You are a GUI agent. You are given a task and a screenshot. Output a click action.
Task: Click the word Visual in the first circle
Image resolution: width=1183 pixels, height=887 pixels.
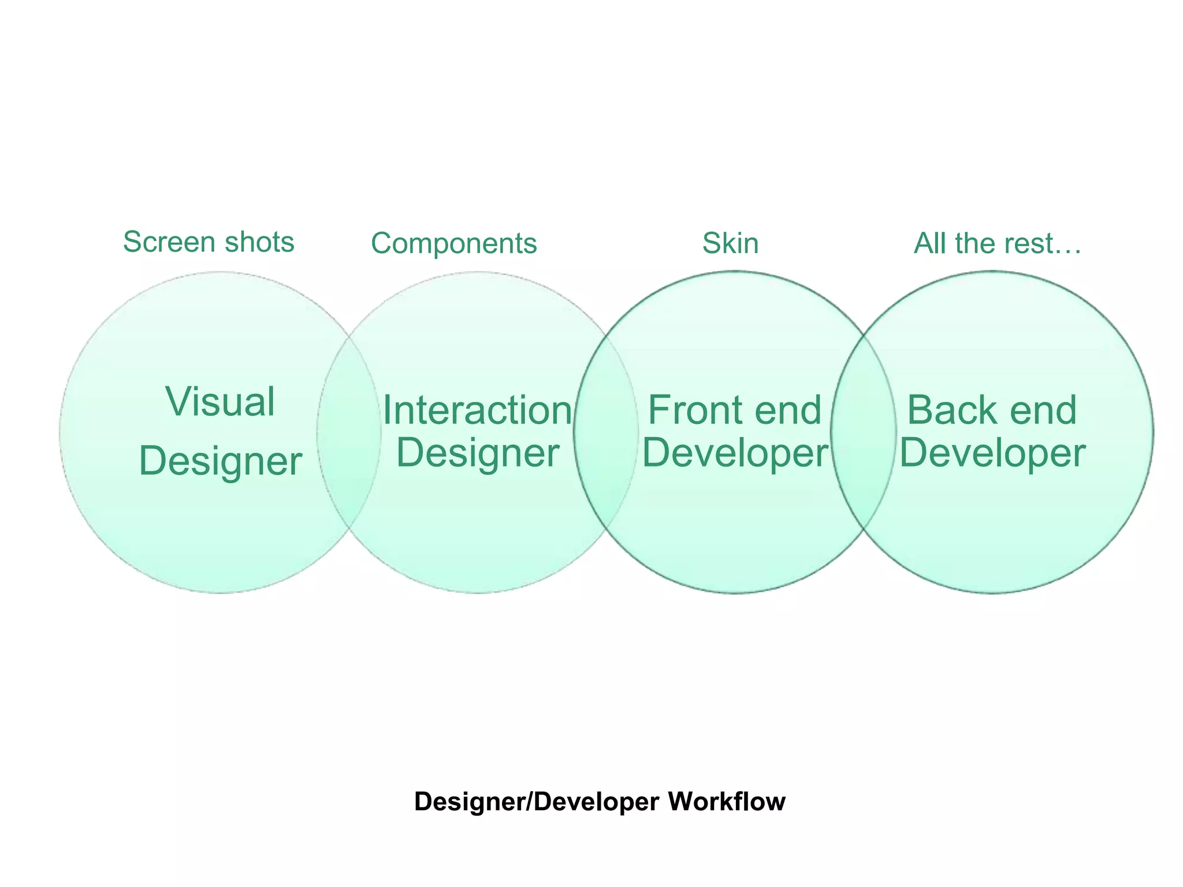(220, 402)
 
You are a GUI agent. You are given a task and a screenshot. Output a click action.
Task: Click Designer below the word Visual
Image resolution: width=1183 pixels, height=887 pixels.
(220, 461)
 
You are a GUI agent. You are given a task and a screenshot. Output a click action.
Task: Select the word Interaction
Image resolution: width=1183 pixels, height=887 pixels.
(477, 411)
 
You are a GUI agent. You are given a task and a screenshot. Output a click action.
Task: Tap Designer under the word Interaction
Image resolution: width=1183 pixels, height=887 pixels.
(477, 453)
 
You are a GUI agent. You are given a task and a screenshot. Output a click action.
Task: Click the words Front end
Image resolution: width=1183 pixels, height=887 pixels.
(734, 411)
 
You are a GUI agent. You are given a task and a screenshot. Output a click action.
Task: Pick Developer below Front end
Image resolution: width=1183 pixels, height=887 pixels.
(735, 453)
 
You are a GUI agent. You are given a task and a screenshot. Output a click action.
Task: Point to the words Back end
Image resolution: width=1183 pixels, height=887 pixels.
(992, 411)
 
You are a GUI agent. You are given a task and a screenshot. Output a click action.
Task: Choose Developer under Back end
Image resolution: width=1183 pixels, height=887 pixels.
(992, 453)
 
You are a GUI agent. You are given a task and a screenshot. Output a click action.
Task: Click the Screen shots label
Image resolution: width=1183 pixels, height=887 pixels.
(209, 242)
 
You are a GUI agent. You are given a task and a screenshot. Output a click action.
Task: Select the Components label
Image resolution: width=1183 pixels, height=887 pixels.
(453, 243)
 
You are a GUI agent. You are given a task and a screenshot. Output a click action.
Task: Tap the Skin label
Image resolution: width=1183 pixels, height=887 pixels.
(730, 243)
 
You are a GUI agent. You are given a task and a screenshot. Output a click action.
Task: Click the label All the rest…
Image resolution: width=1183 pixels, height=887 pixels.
(997, 243)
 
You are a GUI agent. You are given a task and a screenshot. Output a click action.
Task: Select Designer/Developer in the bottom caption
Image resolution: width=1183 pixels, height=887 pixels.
(537, 802)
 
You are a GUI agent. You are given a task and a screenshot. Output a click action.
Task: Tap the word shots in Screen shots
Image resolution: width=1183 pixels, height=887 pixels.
(259, 242)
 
